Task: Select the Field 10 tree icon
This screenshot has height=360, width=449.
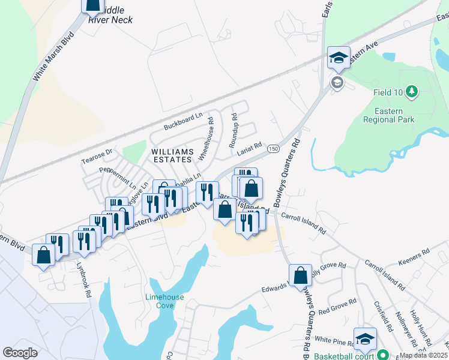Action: click(412, 91)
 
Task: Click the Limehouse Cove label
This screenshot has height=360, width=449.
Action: click(164, 301)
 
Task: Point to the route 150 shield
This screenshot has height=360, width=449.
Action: click(273, 148)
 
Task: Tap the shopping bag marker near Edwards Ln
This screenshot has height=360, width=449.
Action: click(301, 276)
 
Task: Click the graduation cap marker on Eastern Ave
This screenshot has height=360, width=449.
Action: click(339, 59)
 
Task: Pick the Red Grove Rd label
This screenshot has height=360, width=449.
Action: click(337, 306)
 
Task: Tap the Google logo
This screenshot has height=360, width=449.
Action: click(20, 352)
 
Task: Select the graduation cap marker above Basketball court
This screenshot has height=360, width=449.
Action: click(364, 340)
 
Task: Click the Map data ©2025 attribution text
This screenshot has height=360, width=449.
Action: click(424, 355)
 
